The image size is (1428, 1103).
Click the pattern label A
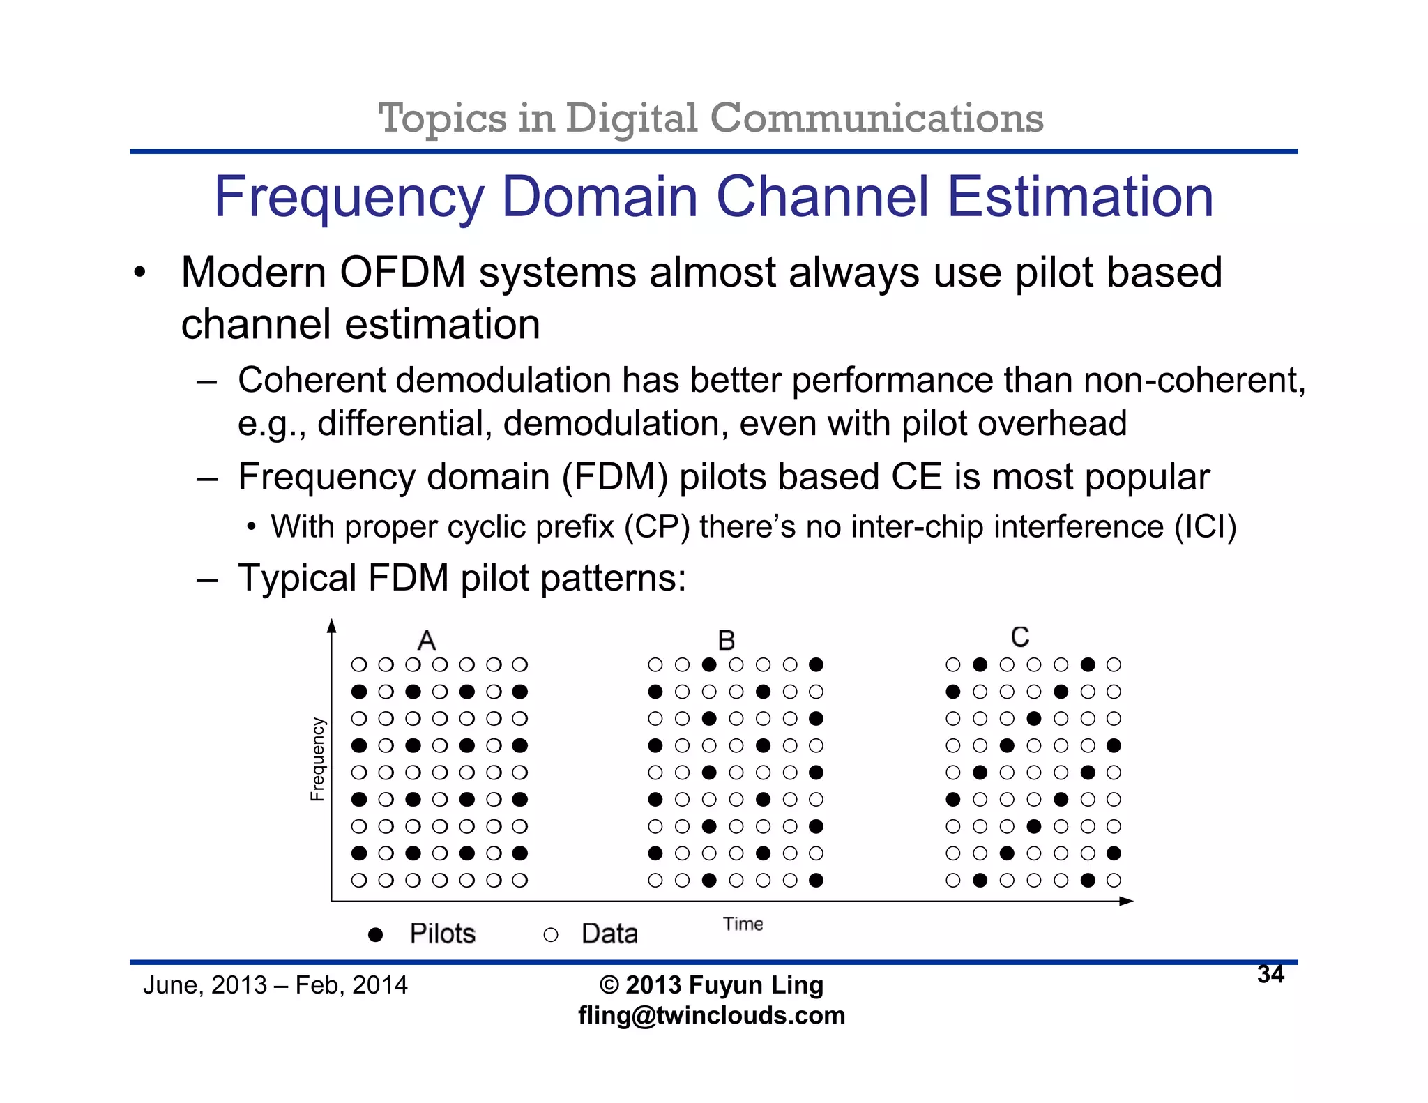coord(427,640)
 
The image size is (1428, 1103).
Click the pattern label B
coord(727,640)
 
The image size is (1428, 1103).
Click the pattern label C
coord(1020,637)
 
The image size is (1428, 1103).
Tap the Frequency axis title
coord(318,759)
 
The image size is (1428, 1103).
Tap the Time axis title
coord(743,924)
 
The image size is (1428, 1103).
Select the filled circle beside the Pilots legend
coord(375,934)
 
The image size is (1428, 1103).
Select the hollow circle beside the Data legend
coord(551,935)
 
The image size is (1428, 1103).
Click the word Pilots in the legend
coord(442,934)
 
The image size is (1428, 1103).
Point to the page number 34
coord(1270,974)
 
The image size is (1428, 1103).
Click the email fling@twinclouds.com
coord(711,1015)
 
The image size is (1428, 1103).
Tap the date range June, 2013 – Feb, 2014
coord(275,985)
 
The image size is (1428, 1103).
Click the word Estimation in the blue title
coord(1080,197)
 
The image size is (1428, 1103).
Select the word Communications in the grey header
coord(876,118)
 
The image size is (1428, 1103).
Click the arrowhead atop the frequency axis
coord(332,626)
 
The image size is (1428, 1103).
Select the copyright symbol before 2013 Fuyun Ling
coord(609,985)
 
